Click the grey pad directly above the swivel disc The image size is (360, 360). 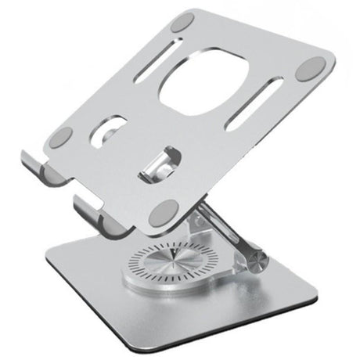coord(167,210)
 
